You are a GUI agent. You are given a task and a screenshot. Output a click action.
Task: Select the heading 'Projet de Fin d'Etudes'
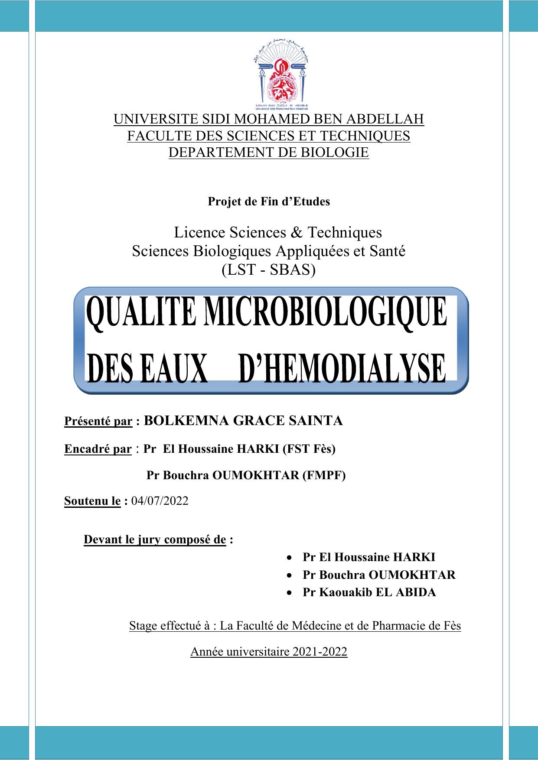click(269, 201)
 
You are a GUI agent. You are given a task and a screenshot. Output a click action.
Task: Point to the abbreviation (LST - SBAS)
click(269, 270)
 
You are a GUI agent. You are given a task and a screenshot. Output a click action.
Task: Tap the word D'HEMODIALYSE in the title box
click(342, 368)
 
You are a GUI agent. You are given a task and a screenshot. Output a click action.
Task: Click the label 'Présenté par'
click(98, 421)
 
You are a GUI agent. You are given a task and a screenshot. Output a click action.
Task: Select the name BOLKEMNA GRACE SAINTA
click(243, 421)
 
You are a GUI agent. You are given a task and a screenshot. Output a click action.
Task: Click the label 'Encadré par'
click(98, 449)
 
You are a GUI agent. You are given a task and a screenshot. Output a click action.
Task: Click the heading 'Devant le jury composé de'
click(155, 540)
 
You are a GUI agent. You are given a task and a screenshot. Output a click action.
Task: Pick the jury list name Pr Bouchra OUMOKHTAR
click(379, 575)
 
